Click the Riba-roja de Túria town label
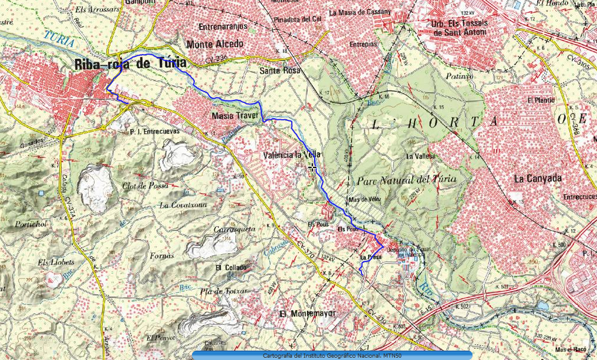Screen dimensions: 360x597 pyautogui.click(x=130, y=64)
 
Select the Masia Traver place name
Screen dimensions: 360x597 pyautogui.click(x=235, y=116)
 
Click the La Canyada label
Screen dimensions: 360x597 pyautogui.click(x=538, y=179)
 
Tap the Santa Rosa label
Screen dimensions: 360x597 pyautogui.click(x=279, y=70)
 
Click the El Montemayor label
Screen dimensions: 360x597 pyautogui.click(x=308, y=314)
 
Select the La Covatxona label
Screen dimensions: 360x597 pyautogui.click(x=183, y=206)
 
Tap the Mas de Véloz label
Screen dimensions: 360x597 pyautogui.click(x=365, y=200)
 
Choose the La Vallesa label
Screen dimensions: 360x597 pyautogui.click(x=420, y=157)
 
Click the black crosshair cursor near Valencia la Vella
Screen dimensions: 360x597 pyautogui.click(x=312, y=168)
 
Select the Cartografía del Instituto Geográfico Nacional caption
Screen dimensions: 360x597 pyautogui.click(x=332, y=355)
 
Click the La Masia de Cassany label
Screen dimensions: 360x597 pyautogui.click(x=359, y=12)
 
